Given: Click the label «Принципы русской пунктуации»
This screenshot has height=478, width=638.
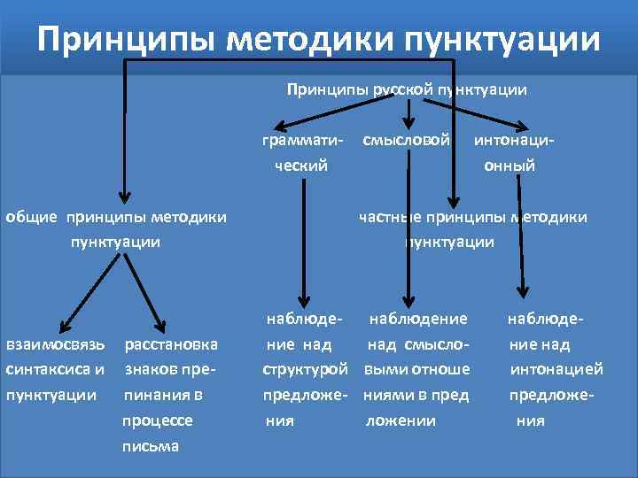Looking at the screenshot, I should (407, 89).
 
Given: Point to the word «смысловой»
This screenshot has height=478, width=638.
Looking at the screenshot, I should (406, 140).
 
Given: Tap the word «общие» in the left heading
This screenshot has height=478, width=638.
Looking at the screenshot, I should (32, 216).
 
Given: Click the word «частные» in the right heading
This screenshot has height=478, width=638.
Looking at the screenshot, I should (389, 216).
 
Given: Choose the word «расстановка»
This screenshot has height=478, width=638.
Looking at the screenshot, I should (171, 343).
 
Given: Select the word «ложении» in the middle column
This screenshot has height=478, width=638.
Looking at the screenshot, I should (401, 420).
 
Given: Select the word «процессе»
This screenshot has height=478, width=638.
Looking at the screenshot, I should (158, 420).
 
